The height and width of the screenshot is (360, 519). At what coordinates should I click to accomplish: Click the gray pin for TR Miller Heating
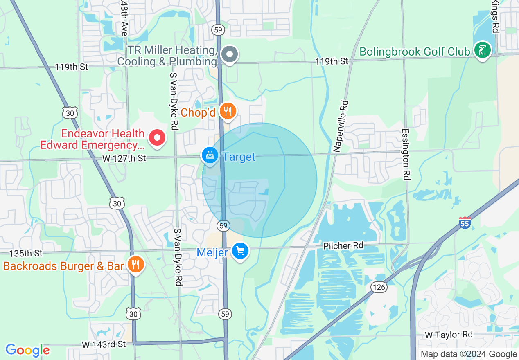pos(230,54)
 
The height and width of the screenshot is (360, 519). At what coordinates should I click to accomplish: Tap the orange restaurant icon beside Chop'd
pos(228,111)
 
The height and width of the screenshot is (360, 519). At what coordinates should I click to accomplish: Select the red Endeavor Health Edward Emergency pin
pos(157,138)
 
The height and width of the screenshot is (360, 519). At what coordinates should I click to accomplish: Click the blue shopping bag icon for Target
pos(210,156)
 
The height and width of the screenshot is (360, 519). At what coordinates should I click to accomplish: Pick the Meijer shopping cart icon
pos(240,251)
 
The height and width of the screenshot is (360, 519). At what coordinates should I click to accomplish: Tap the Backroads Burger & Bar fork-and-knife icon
pos(135,264)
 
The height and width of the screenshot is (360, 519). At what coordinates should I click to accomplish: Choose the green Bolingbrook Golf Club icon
pos(483,50)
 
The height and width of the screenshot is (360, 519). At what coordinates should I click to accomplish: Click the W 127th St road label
pos(124,158)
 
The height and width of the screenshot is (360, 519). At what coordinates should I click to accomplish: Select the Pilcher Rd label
pos(343,246)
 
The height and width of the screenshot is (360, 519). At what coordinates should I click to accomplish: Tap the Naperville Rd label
pos(340,127)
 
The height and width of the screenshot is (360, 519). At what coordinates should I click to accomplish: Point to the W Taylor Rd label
pos(449,335)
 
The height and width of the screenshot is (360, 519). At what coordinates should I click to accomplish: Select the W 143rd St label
pos(104,344)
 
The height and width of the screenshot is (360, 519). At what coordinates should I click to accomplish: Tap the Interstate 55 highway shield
pos(465,223)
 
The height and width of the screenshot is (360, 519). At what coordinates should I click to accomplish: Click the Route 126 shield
pos(379,287)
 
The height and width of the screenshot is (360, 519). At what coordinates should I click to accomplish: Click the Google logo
pos(27,350)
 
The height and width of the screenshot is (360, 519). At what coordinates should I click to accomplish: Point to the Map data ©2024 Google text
pos(469,354)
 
